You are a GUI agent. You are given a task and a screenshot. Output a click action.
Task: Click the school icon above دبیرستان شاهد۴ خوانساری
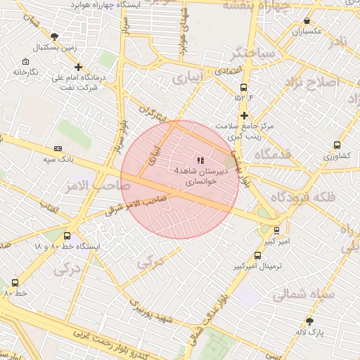pyautogui.click(x=201, y=161)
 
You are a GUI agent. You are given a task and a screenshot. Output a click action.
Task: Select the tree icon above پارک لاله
pyautogui.click(x=309, y=321)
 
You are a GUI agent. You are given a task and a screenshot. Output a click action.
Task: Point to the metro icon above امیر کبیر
pyautogui.click(x=276, y=230)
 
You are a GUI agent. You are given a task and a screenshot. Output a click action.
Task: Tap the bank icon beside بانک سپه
pyautogui.click(x=58, y=148)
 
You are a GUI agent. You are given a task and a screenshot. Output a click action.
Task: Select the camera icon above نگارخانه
pyautogui.click(x=25, y=61)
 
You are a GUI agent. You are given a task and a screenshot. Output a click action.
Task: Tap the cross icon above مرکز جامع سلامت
pyautogui.click(x=244, y=115)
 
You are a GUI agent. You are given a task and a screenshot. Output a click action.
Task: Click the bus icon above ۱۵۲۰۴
pyautogui.click(x=243, y=88)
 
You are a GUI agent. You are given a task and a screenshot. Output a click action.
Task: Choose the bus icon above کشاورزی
pyautogui.click(x=337, y=146)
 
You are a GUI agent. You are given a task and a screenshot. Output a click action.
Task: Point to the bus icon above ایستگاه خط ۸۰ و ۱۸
pyautogui.click(x=67, y=236)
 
